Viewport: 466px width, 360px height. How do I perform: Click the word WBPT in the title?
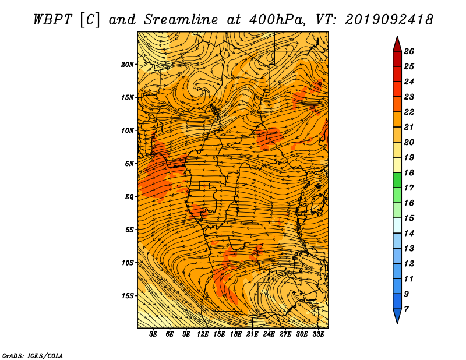53,20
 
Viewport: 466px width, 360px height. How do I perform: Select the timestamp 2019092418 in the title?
389,20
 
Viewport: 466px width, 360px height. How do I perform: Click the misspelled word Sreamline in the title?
181,20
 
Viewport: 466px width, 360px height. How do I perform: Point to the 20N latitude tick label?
128,65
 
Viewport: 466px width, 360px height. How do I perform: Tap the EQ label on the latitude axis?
129,197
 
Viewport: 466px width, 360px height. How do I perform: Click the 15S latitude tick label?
128,296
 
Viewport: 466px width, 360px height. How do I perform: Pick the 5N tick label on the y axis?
129,164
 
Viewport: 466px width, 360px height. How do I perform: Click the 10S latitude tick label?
128,263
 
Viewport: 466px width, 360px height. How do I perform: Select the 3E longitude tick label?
153,334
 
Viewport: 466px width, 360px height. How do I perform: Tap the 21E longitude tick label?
252,334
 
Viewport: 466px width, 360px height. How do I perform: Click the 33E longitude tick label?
318,334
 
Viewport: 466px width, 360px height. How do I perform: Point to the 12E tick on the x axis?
202,334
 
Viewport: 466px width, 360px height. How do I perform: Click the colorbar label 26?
409,51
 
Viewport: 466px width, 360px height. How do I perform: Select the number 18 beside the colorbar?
409,172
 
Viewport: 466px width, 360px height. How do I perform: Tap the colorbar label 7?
407,309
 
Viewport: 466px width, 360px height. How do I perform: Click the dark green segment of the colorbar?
397,180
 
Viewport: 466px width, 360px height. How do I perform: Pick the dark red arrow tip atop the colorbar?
397,44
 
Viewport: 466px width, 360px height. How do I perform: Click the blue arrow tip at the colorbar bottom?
397,316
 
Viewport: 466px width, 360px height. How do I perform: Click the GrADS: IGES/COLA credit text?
33,356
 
